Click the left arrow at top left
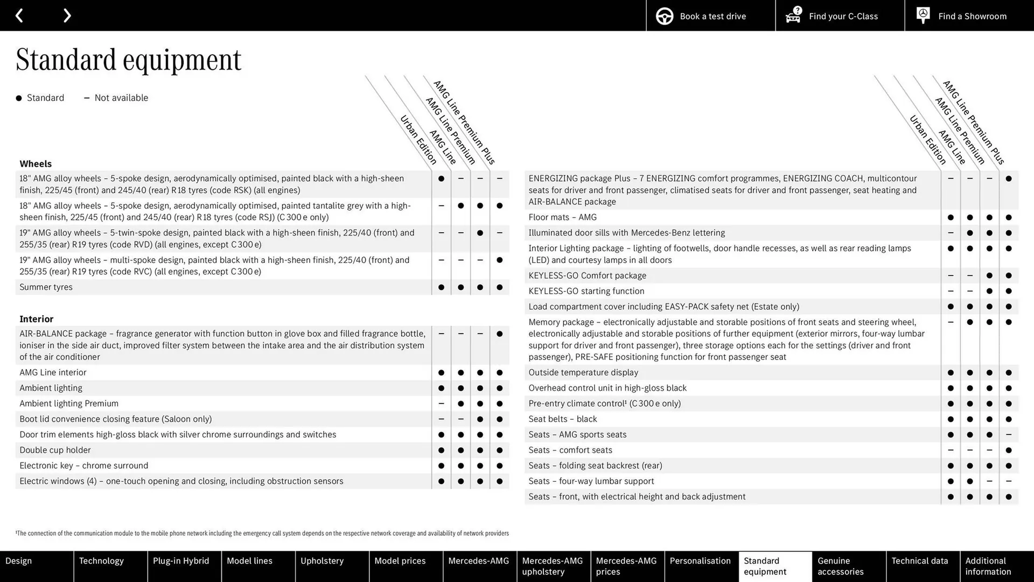(19, 16)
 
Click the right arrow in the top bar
(67, 16)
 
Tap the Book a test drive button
(710, 16)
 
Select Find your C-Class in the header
(840, 16)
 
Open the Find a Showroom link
(969, 16)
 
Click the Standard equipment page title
(128, 59)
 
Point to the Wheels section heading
(36, 164)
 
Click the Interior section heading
(36, 319)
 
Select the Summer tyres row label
(46, 287)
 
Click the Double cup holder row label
(55, 450)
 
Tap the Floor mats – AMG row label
(562, 217)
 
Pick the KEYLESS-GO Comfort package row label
(587, 275)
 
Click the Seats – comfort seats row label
(570, 450)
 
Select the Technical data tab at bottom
(919, 561)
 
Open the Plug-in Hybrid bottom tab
(181, 561)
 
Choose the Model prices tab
(400, 561)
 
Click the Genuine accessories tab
(840, 566)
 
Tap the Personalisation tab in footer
(700, 561)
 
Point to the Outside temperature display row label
(583, 372)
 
